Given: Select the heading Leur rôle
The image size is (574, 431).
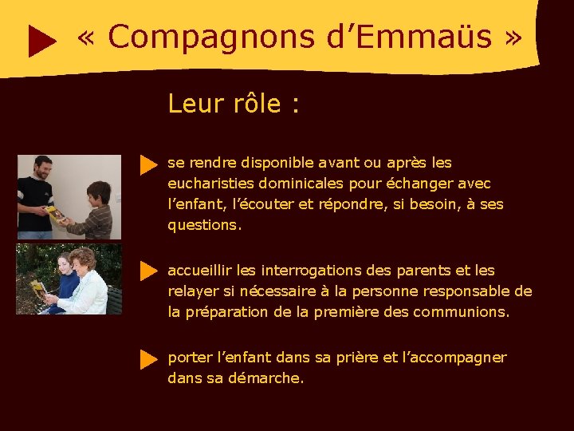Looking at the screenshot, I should (233, 104).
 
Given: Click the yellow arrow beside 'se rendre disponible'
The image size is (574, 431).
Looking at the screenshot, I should (148, 165).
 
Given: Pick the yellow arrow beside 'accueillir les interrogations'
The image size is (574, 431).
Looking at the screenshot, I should (148, 271).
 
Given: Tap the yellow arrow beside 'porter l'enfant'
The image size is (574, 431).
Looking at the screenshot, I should (148, 358).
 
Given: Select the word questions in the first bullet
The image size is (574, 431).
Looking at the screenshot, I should (202, 225).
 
